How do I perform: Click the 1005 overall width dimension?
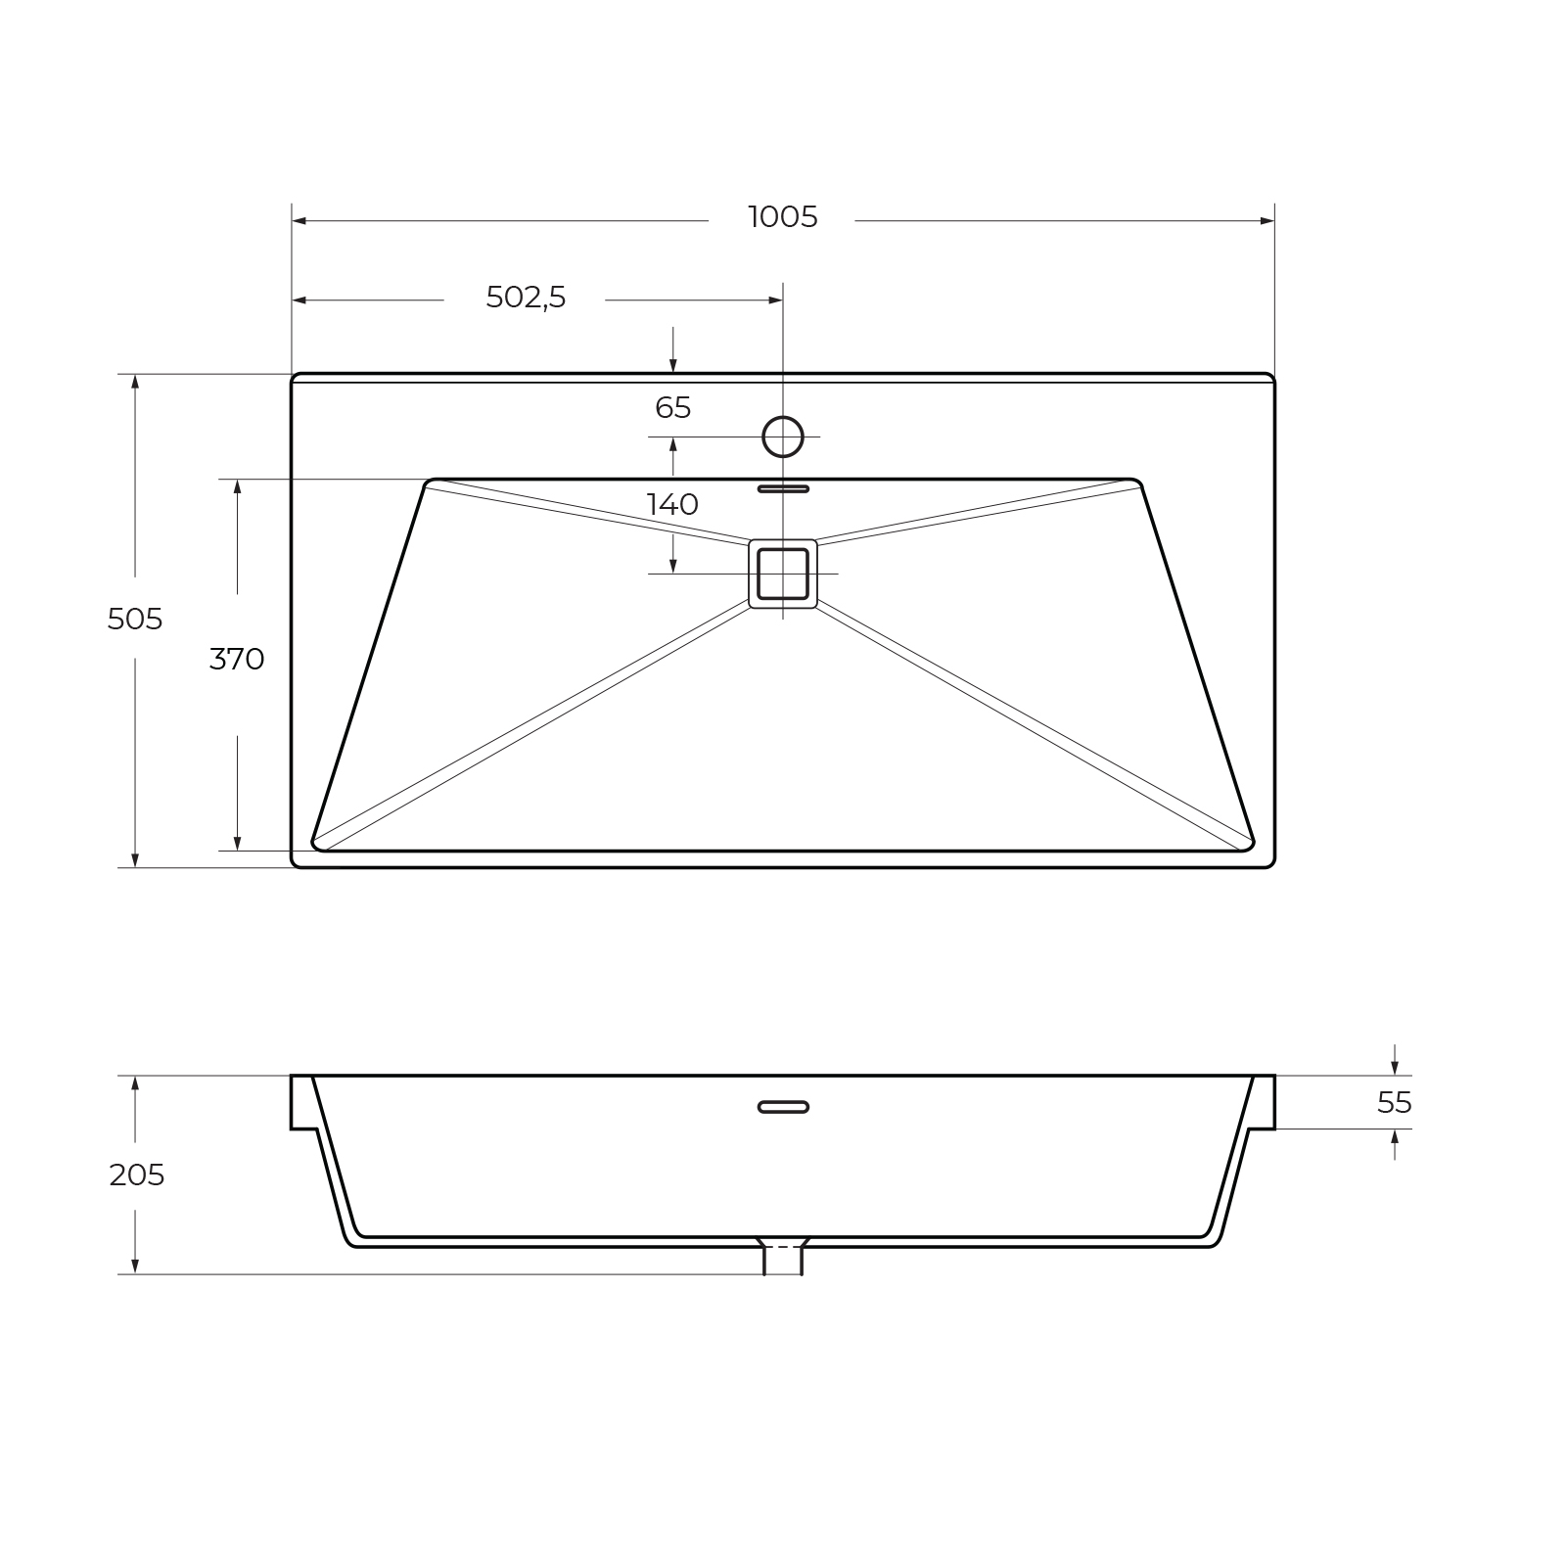tap(782, 216)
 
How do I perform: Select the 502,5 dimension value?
tap(526, 297)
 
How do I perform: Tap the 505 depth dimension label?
tap(135, 619)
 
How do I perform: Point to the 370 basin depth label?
tap(237, 660)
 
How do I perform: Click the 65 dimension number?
tap(673, 407)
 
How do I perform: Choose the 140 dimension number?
tap(672, 505)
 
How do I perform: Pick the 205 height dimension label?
tap(136, 1174)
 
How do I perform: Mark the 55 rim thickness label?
tap(1395, 1103)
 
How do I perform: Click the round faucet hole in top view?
tap(783, 437)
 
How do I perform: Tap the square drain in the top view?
tap(783, 574)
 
